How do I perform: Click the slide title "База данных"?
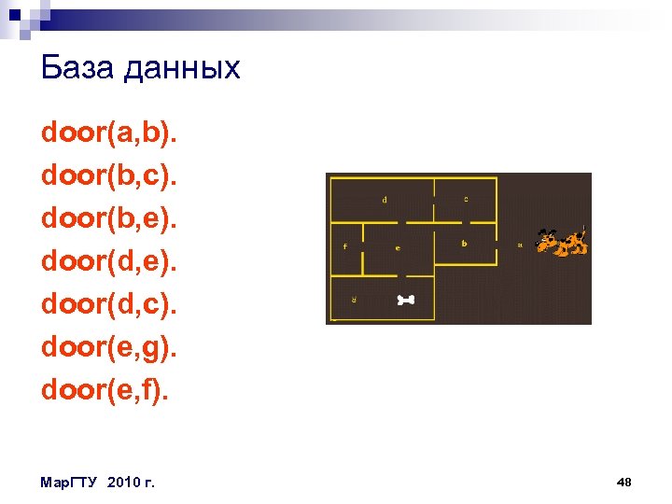pos(141,68)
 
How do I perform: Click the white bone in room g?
pos(406,300)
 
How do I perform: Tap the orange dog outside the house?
pos(562,243)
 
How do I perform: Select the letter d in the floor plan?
pos(385,199)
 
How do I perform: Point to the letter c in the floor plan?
pos(466,199)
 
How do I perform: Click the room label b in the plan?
pos(464,244)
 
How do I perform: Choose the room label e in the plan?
pos(398,248)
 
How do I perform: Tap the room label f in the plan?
pos(346,247)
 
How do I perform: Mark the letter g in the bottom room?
pos(354,300)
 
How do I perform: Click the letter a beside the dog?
pos(520,245)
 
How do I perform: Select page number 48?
pos(624,482)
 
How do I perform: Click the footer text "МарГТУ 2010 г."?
pos(98,482)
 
